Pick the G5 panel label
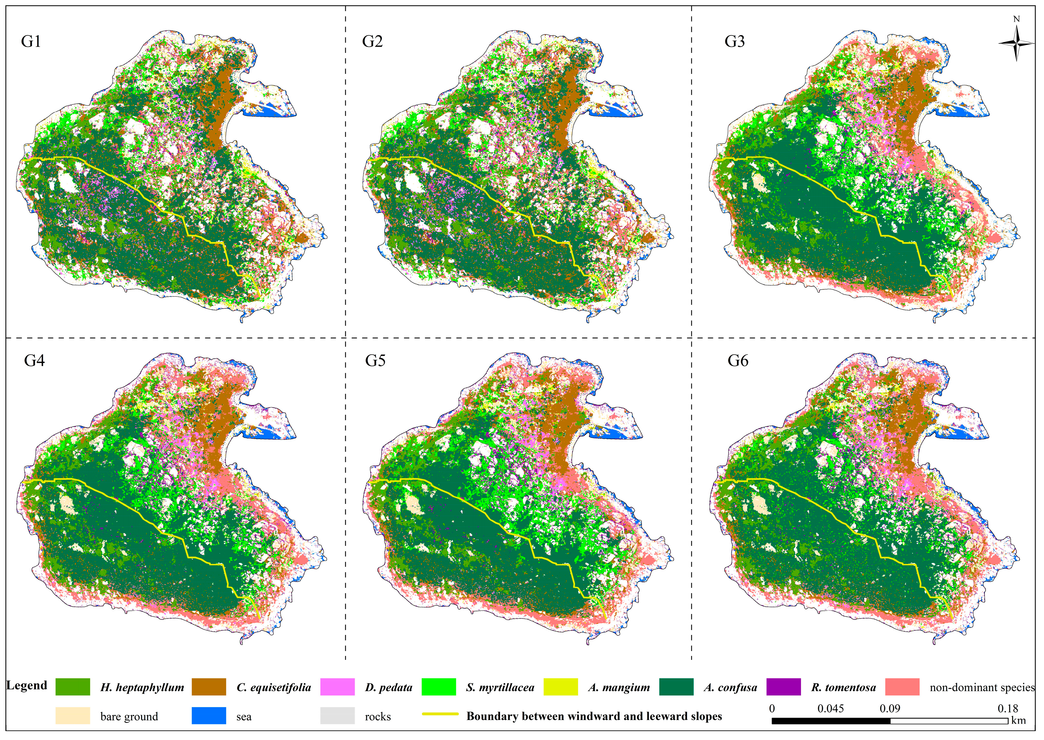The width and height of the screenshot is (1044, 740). coord(375,361)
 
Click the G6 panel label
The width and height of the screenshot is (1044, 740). coord(738,361)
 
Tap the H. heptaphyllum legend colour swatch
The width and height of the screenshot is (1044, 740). coord(72,687)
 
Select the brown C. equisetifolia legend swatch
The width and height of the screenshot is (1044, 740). coord(209,687)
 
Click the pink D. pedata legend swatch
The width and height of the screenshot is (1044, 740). coord(337,687)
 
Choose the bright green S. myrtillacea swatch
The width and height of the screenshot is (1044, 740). coord(439,687)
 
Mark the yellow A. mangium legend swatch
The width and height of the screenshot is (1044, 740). coord(560,687)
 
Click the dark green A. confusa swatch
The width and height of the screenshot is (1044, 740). coord(676,687)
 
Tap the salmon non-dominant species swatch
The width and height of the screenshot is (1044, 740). coord(902,687)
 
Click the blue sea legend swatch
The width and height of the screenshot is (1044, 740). coord(209,715)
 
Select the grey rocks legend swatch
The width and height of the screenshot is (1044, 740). coord(337,715)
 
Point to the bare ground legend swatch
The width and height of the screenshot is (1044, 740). coord(72,715)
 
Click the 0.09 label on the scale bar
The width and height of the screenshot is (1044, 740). coord(889,708)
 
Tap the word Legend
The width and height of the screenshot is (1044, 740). coord(27,685)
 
